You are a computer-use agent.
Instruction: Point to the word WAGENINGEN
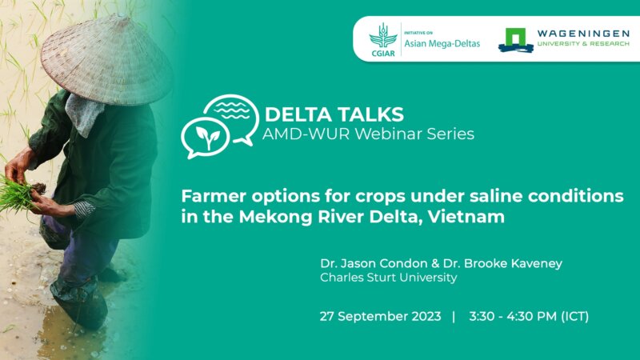click(573, 32)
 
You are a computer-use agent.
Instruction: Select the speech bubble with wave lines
click(230, 112)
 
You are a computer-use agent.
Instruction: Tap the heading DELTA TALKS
click(334, 113)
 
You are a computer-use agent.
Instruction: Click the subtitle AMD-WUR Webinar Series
click(368, 134)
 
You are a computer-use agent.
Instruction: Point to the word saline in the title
click(442, 195)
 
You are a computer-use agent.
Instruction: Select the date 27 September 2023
click(380, 316)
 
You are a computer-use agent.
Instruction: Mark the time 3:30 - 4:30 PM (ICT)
click(529, 316)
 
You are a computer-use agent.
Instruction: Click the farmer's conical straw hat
click(108, 56)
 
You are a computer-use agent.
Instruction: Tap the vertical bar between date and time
click(454, 316)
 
